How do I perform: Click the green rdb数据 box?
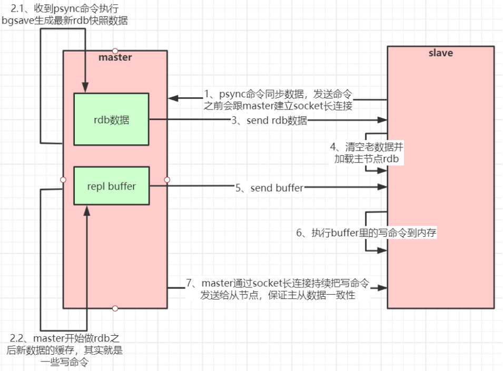click(111, 119)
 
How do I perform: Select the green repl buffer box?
click(111, 186)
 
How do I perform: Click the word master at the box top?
click(115, 57)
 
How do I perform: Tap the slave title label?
click(440, 53)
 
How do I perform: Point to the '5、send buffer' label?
click(269, 187)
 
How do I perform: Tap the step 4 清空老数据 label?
click(368, 152)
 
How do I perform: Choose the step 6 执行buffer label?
click(367, 233)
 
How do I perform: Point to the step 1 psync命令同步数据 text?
click(278, 99)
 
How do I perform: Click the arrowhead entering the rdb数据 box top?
click(84, 88)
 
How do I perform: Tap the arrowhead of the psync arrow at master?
click(172, 98)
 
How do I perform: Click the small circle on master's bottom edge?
click(115, 308)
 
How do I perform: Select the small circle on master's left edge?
click(63, 179)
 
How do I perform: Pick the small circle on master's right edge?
click(167, 179)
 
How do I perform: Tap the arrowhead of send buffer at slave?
click(383, 187)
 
